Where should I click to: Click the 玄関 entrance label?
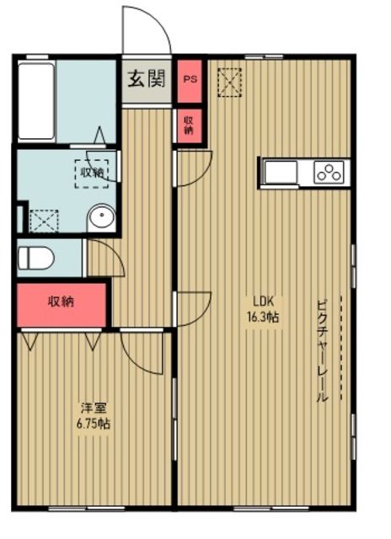click(x=147, y=80)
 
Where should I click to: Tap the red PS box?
click(x=190, y=80)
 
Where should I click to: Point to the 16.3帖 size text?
click(x=263, y=318)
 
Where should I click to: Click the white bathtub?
click(x=35, y=100)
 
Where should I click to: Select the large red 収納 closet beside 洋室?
click(x=61, y=302)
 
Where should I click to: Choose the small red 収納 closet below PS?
click(x=189, y=125)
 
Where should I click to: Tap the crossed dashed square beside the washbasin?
click(x=41, y=220)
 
